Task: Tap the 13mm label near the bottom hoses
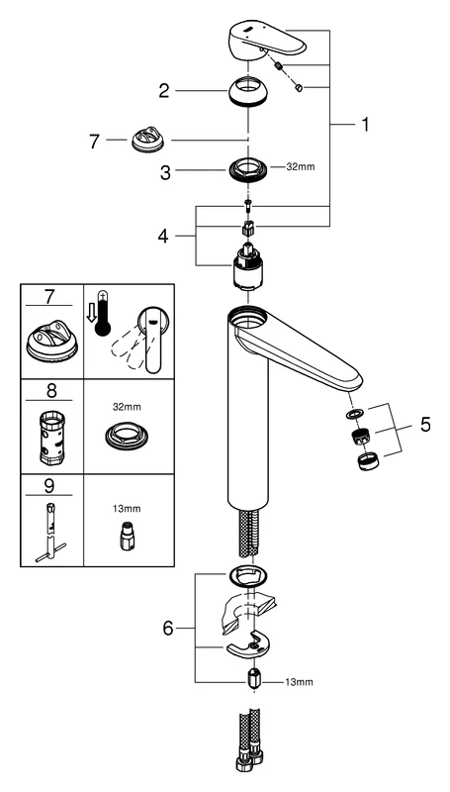299,682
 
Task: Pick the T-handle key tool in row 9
49,535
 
